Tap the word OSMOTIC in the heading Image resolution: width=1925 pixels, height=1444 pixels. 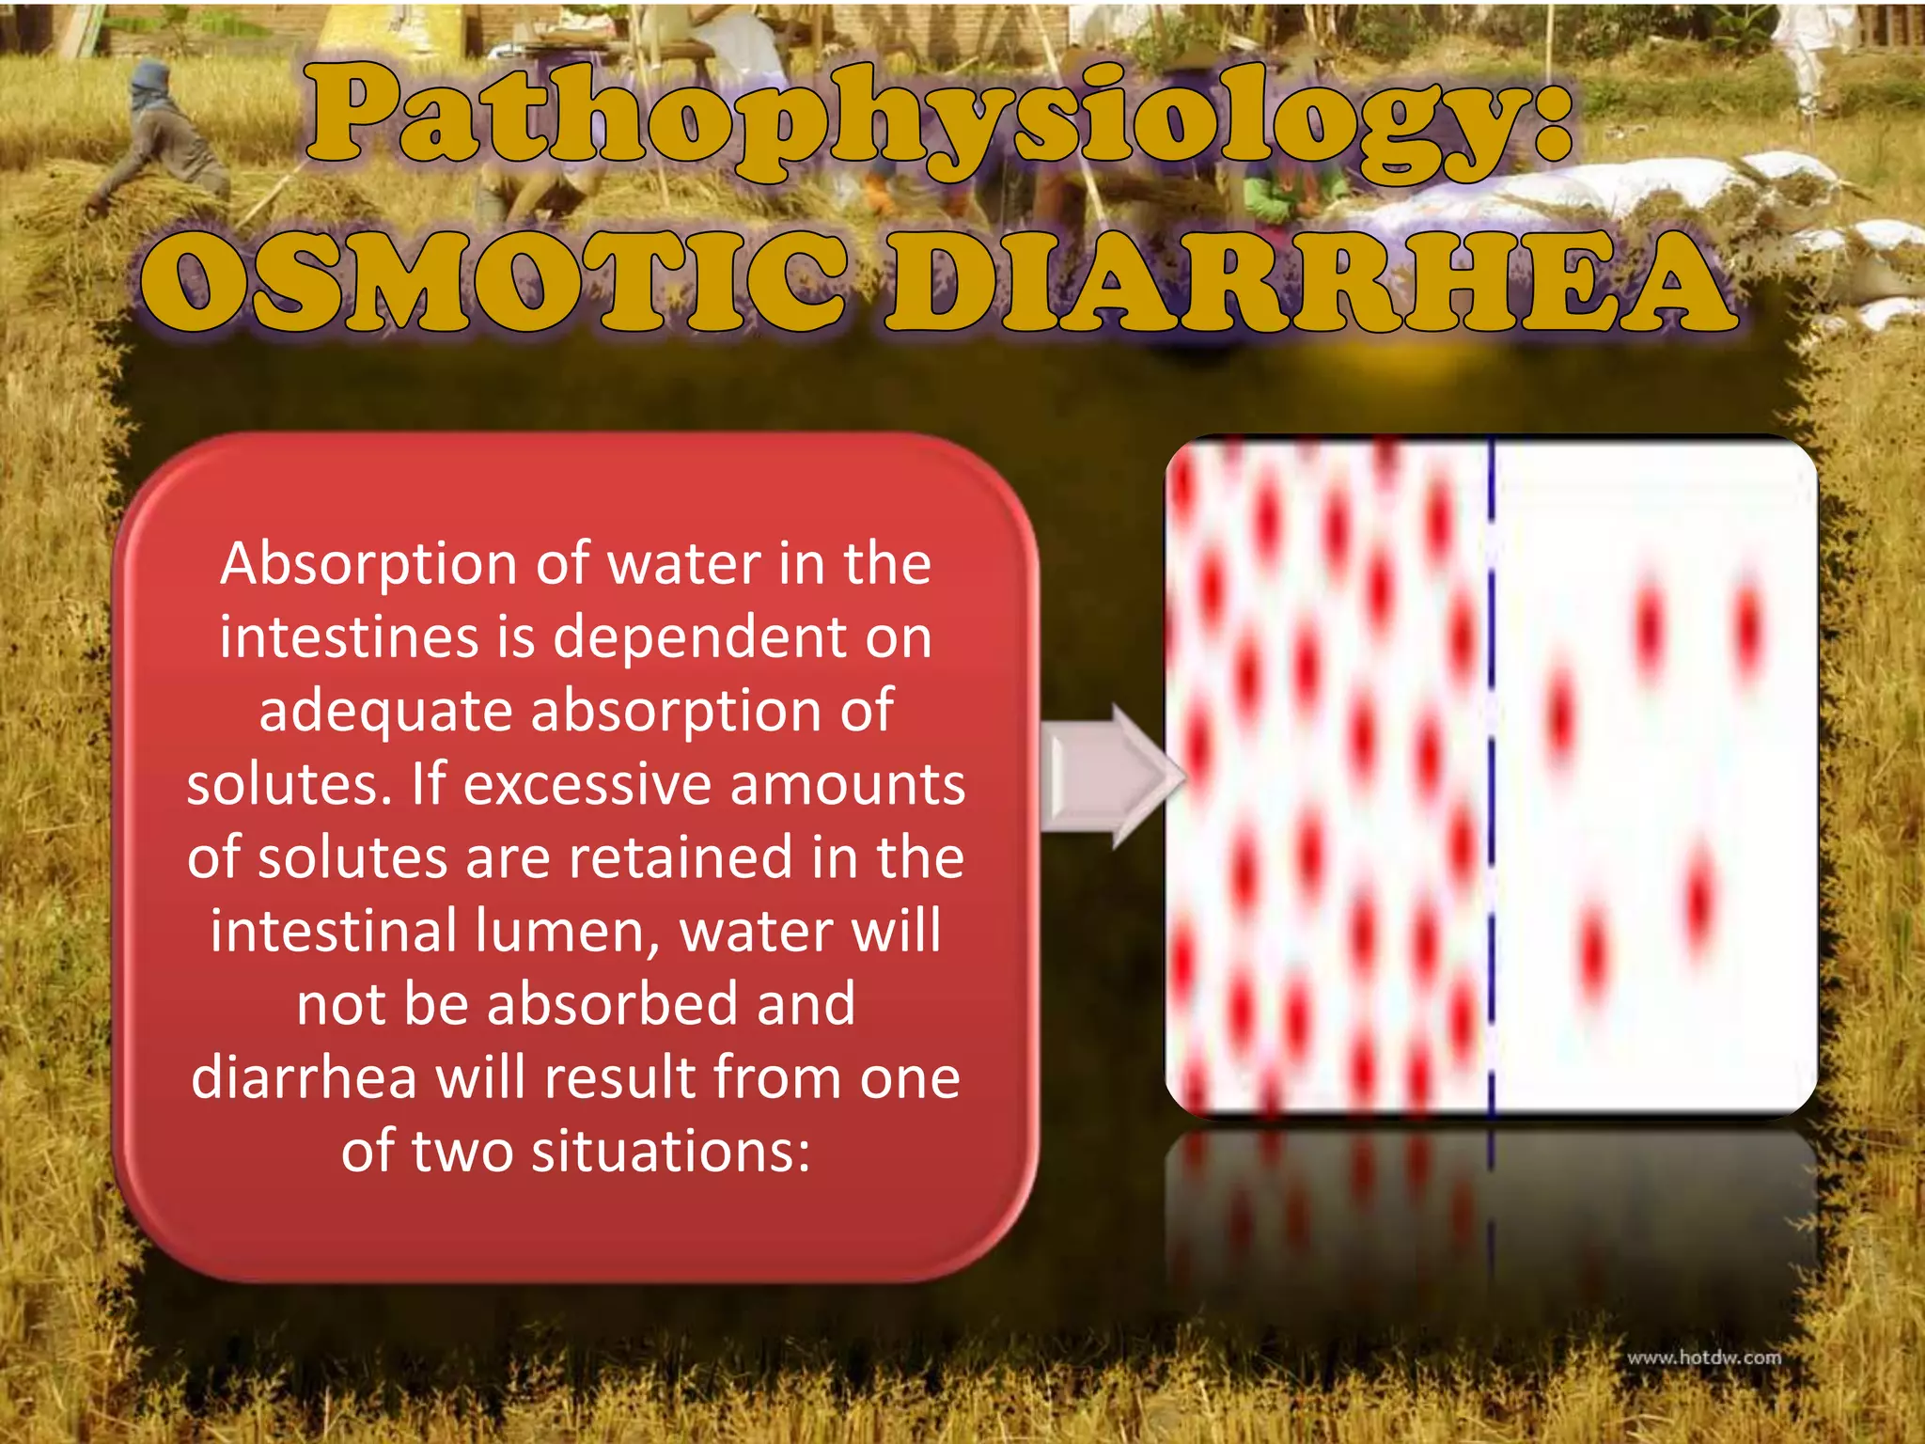pos(493,282)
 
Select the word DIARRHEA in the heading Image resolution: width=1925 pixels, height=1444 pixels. pos(1311,282)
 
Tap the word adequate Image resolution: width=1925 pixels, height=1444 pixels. pos(385,713)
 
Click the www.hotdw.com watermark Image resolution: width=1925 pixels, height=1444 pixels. pos(1703,1358)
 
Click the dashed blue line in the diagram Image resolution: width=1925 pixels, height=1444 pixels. pos(1492,780)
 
